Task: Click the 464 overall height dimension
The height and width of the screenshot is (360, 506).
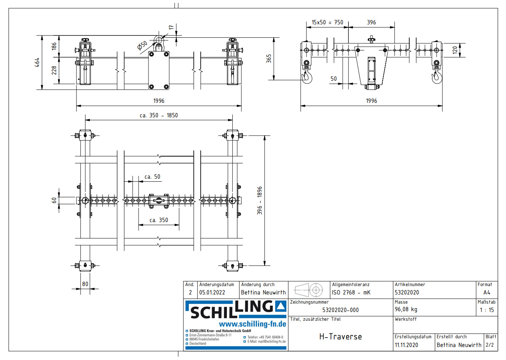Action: [37, 62]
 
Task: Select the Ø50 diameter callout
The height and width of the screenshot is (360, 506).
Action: [142, 45]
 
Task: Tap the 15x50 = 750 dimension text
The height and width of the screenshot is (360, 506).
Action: [327, 22]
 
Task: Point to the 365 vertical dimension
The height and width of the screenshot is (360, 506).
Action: [269, 58]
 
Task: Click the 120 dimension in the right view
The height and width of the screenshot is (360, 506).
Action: [455, 50]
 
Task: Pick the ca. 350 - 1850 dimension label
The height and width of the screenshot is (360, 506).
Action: [159, 115]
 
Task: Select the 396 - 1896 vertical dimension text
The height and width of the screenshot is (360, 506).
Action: [260, 200]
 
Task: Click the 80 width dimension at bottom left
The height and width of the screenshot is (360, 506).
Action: [85, 284]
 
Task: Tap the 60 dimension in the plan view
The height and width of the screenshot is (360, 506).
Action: [54, 200]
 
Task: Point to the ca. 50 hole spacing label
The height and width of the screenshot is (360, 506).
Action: [152, 177]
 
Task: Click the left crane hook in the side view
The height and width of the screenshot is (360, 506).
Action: [307, 76]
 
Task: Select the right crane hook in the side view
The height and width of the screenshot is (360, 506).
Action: [436, 76]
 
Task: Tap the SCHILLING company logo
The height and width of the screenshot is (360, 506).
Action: [236, 309]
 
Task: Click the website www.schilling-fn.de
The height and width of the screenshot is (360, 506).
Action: [252, 324]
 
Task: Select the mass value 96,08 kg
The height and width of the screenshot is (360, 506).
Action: [406, 309]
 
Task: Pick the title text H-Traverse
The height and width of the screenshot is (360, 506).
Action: [340, 337]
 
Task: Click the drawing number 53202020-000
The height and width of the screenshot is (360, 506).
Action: [340, 310]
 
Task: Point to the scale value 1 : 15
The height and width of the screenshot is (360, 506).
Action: [487, 310]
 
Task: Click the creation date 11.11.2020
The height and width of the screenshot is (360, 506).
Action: [406, 345]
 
